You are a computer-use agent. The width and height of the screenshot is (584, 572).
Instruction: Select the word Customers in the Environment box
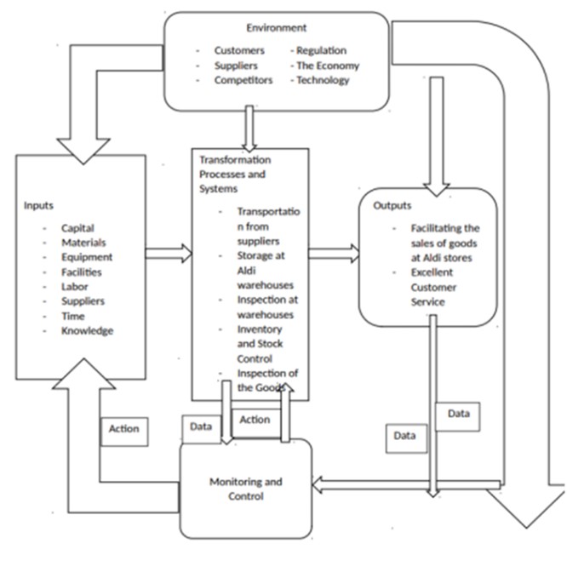coord(240,51)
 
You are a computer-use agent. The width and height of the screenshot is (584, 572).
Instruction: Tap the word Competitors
coord(243,80)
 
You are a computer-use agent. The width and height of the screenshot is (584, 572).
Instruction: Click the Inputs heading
coord(40,207)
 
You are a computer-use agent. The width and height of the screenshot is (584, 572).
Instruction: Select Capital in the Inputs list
coord(77,228)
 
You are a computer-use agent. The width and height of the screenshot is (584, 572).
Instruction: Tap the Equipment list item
coord(86,257)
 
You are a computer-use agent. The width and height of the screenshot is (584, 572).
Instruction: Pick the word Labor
coord(74,287)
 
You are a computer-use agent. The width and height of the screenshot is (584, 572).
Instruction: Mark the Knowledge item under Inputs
coord(87,330)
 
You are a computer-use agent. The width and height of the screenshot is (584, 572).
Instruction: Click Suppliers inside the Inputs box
coord(83,301)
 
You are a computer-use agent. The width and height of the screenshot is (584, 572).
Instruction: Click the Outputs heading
coord(392,206)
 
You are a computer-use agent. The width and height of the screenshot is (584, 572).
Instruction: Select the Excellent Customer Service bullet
coord(434,287)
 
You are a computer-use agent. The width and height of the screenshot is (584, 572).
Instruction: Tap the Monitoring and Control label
coord(246,489)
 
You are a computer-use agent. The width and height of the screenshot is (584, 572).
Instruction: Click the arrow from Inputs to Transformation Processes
coord(169,253)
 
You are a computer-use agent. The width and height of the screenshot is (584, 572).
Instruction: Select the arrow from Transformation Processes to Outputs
coord(333,253)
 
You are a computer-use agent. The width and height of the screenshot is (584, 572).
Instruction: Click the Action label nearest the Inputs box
coord(124,429)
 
